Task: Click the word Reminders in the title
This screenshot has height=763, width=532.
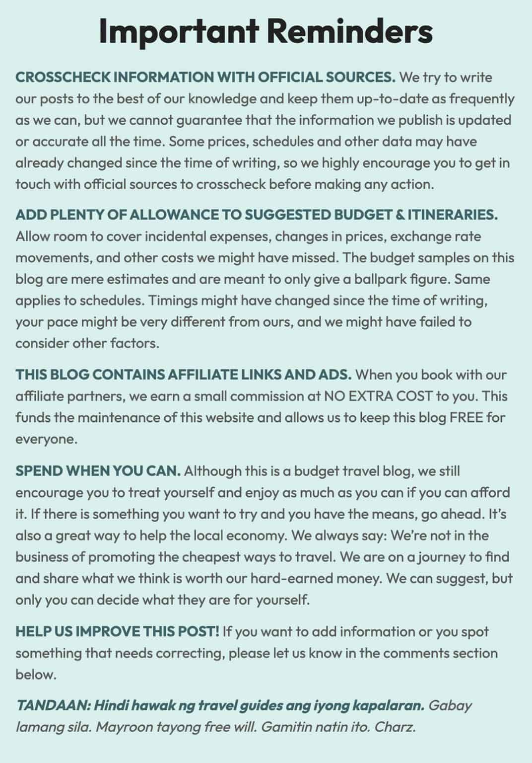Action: [350, 31]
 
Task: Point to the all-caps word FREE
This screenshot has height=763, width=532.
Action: [466, 418]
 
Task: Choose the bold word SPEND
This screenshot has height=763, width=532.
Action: [39, 470]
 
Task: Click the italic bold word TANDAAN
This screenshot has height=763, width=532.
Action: [52, 705]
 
